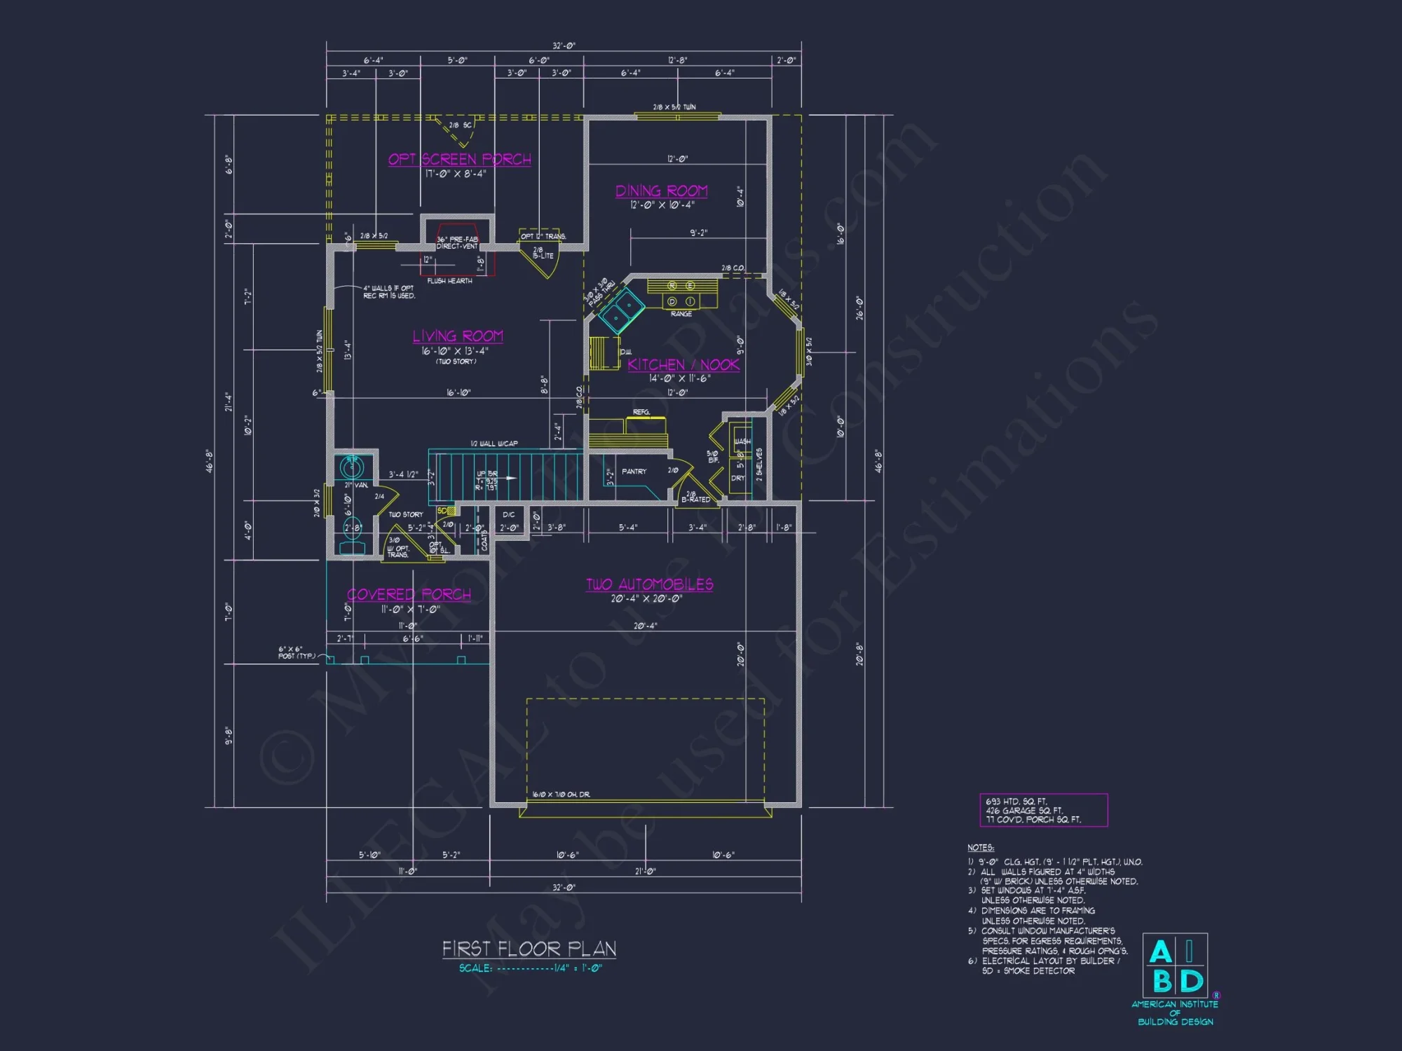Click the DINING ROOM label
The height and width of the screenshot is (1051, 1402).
661,191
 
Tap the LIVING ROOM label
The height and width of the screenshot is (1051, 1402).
458,336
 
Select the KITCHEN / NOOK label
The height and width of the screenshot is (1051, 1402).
683,364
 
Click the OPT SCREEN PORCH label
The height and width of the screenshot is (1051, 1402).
460,159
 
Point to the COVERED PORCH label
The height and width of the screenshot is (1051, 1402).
409,594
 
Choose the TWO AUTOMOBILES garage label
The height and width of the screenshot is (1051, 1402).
649,584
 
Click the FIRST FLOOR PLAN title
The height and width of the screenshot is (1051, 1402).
529,949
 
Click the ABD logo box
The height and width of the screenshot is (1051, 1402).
1175,966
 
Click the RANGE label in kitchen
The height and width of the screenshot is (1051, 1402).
681,314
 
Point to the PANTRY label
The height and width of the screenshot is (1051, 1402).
634,472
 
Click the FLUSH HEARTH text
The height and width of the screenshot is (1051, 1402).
449,281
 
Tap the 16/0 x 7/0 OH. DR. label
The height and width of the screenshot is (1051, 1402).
561,795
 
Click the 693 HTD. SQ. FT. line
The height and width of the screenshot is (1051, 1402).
1016,802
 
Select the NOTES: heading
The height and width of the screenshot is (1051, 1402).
980,848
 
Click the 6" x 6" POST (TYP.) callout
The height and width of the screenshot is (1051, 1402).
290,652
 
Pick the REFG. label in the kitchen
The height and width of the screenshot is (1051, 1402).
641,412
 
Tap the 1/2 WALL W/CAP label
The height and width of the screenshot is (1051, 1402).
494,444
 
